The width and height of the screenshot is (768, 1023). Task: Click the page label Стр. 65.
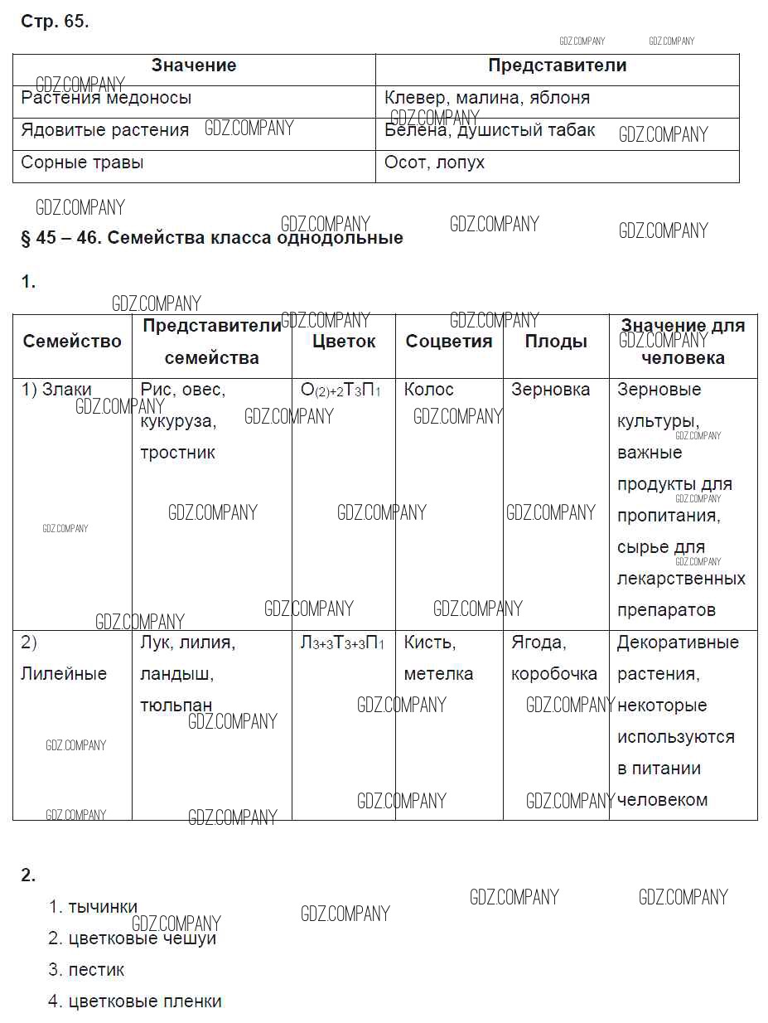(55, 22)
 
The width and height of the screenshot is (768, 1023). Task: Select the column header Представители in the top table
(557, 65)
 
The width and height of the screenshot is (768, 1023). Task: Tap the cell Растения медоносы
(106, 98)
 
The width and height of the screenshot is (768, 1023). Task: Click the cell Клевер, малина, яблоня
(487, 98)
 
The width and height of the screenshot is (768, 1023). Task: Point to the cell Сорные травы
(82, 162)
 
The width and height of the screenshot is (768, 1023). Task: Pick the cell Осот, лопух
(434, 162)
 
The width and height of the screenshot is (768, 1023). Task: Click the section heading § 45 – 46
(211, 238)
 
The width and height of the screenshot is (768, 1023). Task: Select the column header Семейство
(72, 341)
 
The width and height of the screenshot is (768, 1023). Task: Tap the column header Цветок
(344, 341)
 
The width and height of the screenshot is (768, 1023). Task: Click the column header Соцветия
(448, 341)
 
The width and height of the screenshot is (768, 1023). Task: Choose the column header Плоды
(556, 341)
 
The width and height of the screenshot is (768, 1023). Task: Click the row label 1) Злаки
(56, 390)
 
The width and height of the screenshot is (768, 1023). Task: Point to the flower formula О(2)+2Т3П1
(341, 390)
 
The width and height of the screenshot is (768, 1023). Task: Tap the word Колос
(428, 390)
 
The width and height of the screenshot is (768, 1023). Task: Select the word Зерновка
(550, 390)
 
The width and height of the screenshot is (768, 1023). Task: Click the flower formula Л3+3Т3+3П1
(342, 643)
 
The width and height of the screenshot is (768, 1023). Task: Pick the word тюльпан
(176, 705)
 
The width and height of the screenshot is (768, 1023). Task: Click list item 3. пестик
(86, 970)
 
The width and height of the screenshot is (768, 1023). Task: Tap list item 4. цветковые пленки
(135, 1001)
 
